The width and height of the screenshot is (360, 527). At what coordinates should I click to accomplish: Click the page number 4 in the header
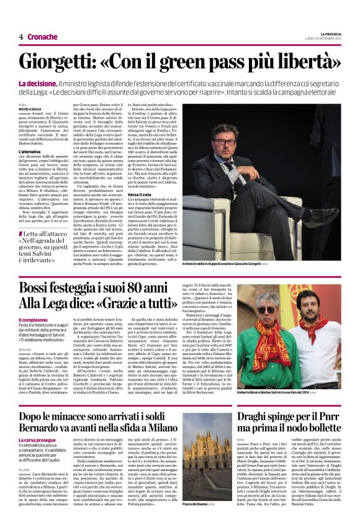21,37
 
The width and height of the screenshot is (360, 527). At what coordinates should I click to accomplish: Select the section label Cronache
42,37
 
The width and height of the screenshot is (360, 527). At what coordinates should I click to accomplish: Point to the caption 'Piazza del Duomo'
197,522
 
